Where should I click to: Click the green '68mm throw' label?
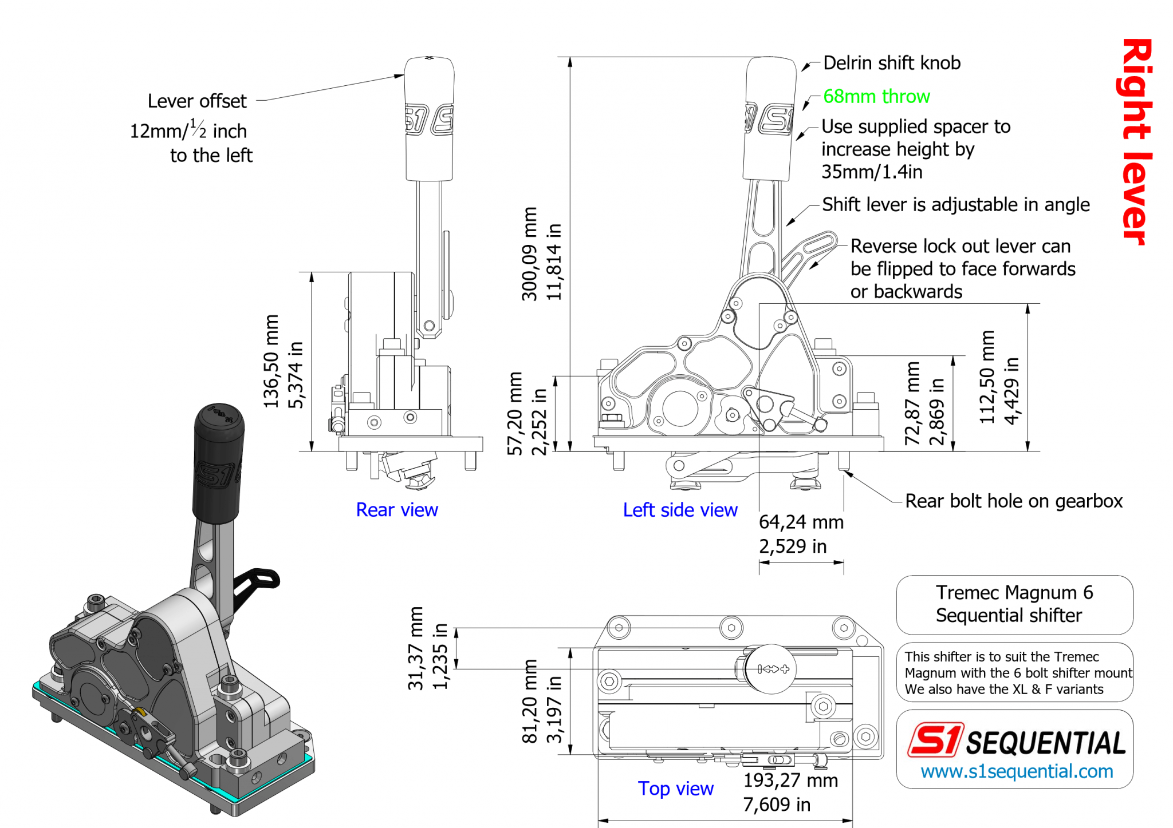tap(876, 96)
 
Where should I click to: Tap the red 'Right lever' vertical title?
tap(1136, 141)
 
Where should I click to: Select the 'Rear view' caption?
tap(396, 509)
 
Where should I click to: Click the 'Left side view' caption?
tap(680, 509)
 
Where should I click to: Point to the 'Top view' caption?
tap(675, 788)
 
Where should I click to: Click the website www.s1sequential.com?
tap(1017, 771)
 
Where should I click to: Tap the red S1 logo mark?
tap(935, 739)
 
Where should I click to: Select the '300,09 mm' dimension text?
tap(529, 253)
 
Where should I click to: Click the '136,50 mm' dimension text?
tap(271, 361)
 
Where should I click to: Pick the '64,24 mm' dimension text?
tap(801, 522)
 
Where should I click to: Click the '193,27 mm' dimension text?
tap(790, 781)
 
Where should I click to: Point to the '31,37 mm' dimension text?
tap(416, 648)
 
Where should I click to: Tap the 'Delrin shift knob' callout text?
tap(891, 63)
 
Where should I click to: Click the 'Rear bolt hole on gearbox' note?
tap(1013, 501)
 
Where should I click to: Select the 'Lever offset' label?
tap(196, 101)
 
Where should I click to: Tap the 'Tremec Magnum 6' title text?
tap(1014, 592)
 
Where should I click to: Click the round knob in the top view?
tap(771, 668)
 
